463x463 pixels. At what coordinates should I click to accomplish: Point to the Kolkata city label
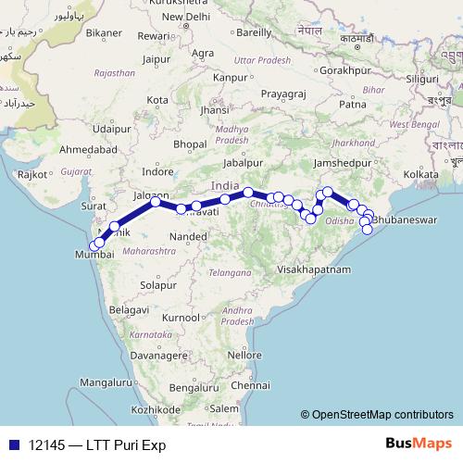coord(420,173)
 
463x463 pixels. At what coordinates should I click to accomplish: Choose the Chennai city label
coord(251,384)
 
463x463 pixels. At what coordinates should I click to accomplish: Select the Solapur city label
coord(157,285)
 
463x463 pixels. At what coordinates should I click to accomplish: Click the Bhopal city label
coord(189,144)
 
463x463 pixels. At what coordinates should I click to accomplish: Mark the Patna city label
coord(354,105)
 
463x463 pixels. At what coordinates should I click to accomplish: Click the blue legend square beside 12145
coord(13,444)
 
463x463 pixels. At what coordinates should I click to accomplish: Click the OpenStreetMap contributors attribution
coord(377,415)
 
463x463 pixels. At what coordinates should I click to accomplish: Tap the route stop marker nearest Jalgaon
coord(156,201)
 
